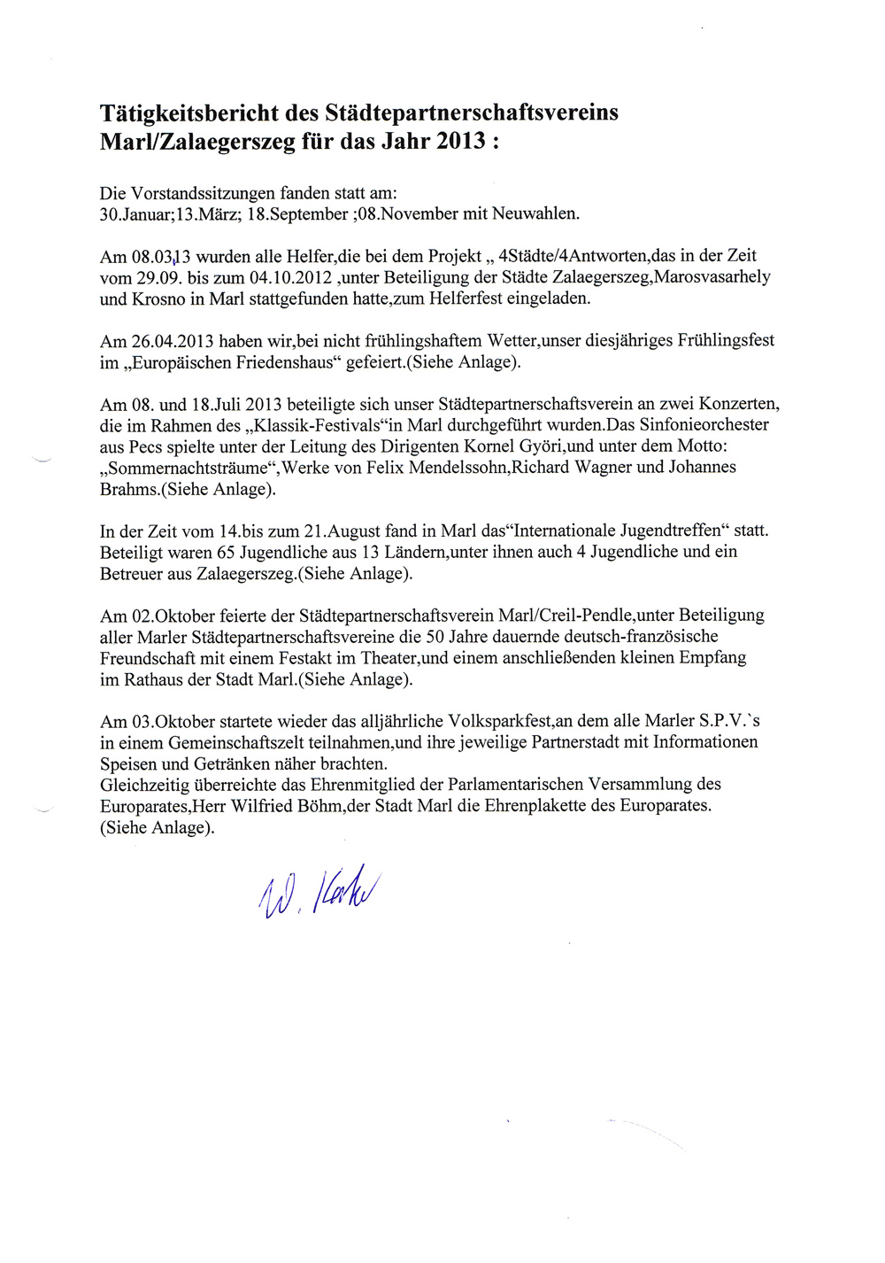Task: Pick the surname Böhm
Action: point(320,806)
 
